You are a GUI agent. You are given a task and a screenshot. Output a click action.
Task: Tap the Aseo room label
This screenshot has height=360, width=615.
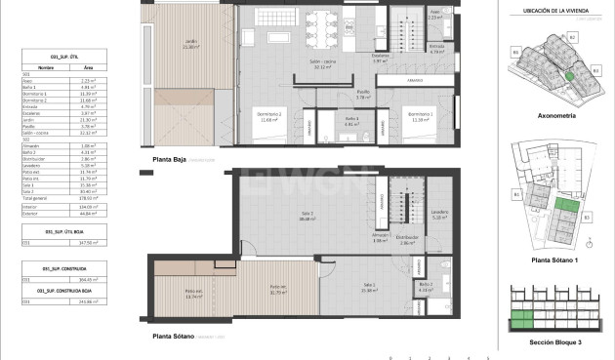pyautogui.click(x=435, y=17)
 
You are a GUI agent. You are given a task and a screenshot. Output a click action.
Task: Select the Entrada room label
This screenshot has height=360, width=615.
pyautogui.click(x=436, y=47)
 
